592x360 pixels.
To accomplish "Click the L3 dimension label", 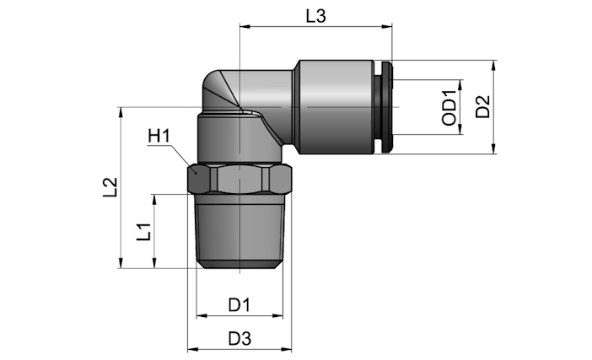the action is click(x=315, y=16).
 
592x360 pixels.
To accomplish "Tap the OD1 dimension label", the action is click(x=449, y=107).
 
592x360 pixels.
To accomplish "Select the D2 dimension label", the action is click(x=482, y=107).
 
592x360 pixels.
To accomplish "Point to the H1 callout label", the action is click(x=159, y=136).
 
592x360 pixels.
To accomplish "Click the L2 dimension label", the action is click(x=110, y=187).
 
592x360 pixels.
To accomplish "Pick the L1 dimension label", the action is click(x=144, y=232).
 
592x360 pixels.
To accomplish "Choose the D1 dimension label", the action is click(x=239, y=304).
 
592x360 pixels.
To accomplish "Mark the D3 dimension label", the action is click(x=239, y=338).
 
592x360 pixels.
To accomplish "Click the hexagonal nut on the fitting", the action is click(x=239, y=179).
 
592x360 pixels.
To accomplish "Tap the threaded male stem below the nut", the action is click(x=239, y=231).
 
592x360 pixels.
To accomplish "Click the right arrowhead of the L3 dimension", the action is click(x=387, y=26).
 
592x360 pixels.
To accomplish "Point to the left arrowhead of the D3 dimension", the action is click(x=192, y=349).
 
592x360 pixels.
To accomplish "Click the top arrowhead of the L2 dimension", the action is click(x=121, y=112).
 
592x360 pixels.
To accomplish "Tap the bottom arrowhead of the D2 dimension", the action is click(x=493, y=148).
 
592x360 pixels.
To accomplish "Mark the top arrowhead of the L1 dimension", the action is click(x=154, y=199).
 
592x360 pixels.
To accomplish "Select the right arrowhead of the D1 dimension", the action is click(x=278, y=315).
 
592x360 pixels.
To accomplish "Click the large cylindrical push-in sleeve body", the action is click(x=336, y=107).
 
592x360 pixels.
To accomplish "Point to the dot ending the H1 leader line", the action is click(x=196, y=172).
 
